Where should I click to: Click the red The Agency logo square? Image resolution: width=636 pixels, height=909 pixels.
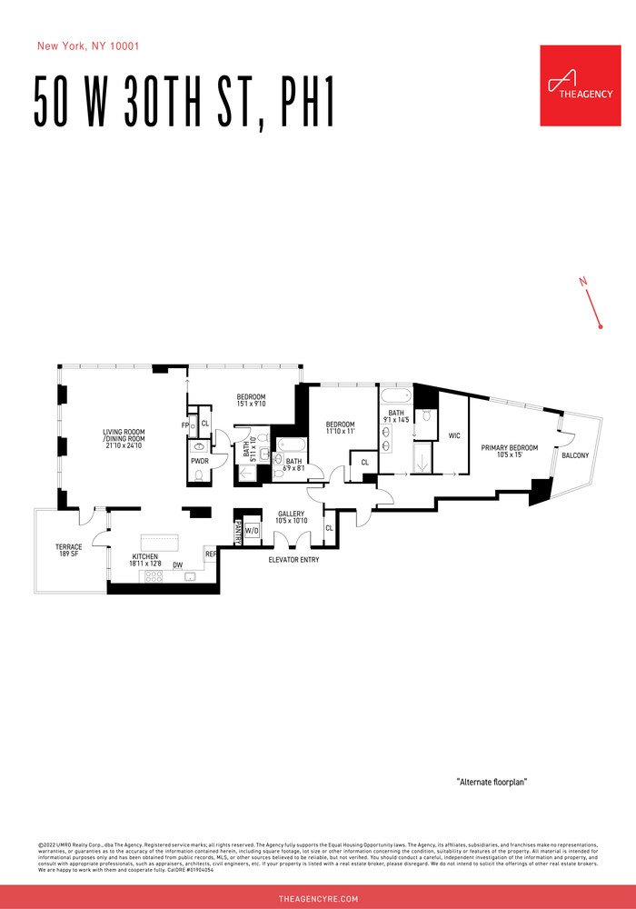pyautogui.click(x=581, y=85)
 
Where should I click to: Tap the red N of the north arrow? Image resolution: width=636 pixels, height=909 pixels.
pyautogui.click(x=582, y=283)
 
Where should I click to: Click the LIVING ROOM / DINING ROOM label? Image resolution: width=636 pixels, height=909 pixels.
pyautogui.click(x=124, y=437)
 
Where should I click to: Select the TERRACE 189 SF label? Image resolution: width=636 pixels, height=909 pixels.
pyautogui.click(x=69, y=550)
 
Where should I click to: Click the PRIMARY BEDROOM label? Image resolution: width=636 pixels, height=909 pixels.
pyautogui.click(x=510, y=451)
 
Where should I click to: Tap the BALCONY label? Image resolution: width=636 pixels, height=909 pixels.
pyautogui.click(x=578, y=454)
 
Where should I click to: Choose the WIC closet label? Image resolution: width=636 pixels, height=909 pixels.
pyautogui.click(x=454, y=435)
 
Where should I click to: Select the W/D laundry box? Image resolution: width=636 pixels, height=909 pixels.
pyautogui.click(x=252, y=532)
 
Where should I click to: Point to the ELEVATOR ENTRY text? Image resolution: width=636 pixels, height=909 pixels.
pyautogui.click(x=293, y=559)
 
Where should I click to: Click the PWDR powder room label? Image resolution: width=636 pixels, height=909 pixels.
pyautogui.click(x=199, y=461)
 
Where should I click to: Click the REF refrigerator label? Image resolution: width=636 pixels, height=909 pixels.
pyautogui.click(x=210, y=553)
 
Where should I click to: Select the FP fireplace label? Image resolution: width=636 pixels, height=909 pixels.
pyautogui.click(x=184, y=425)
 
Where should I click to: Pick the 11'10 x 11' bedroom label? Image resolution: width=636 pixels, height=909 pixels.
pyautogui.click(x=340, y=429)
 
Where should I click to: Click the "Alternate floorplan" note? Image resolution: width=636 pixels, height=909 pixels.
pyautogui.click(x=492, y=782)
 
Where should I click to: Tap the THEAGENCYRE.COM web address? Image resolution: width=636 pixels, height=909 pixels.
pyautogui.click(x=318, y=898)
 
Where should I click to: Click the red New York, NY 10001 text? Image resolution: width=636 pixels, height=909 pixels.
pyautogui.click(x=87, y=45)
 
